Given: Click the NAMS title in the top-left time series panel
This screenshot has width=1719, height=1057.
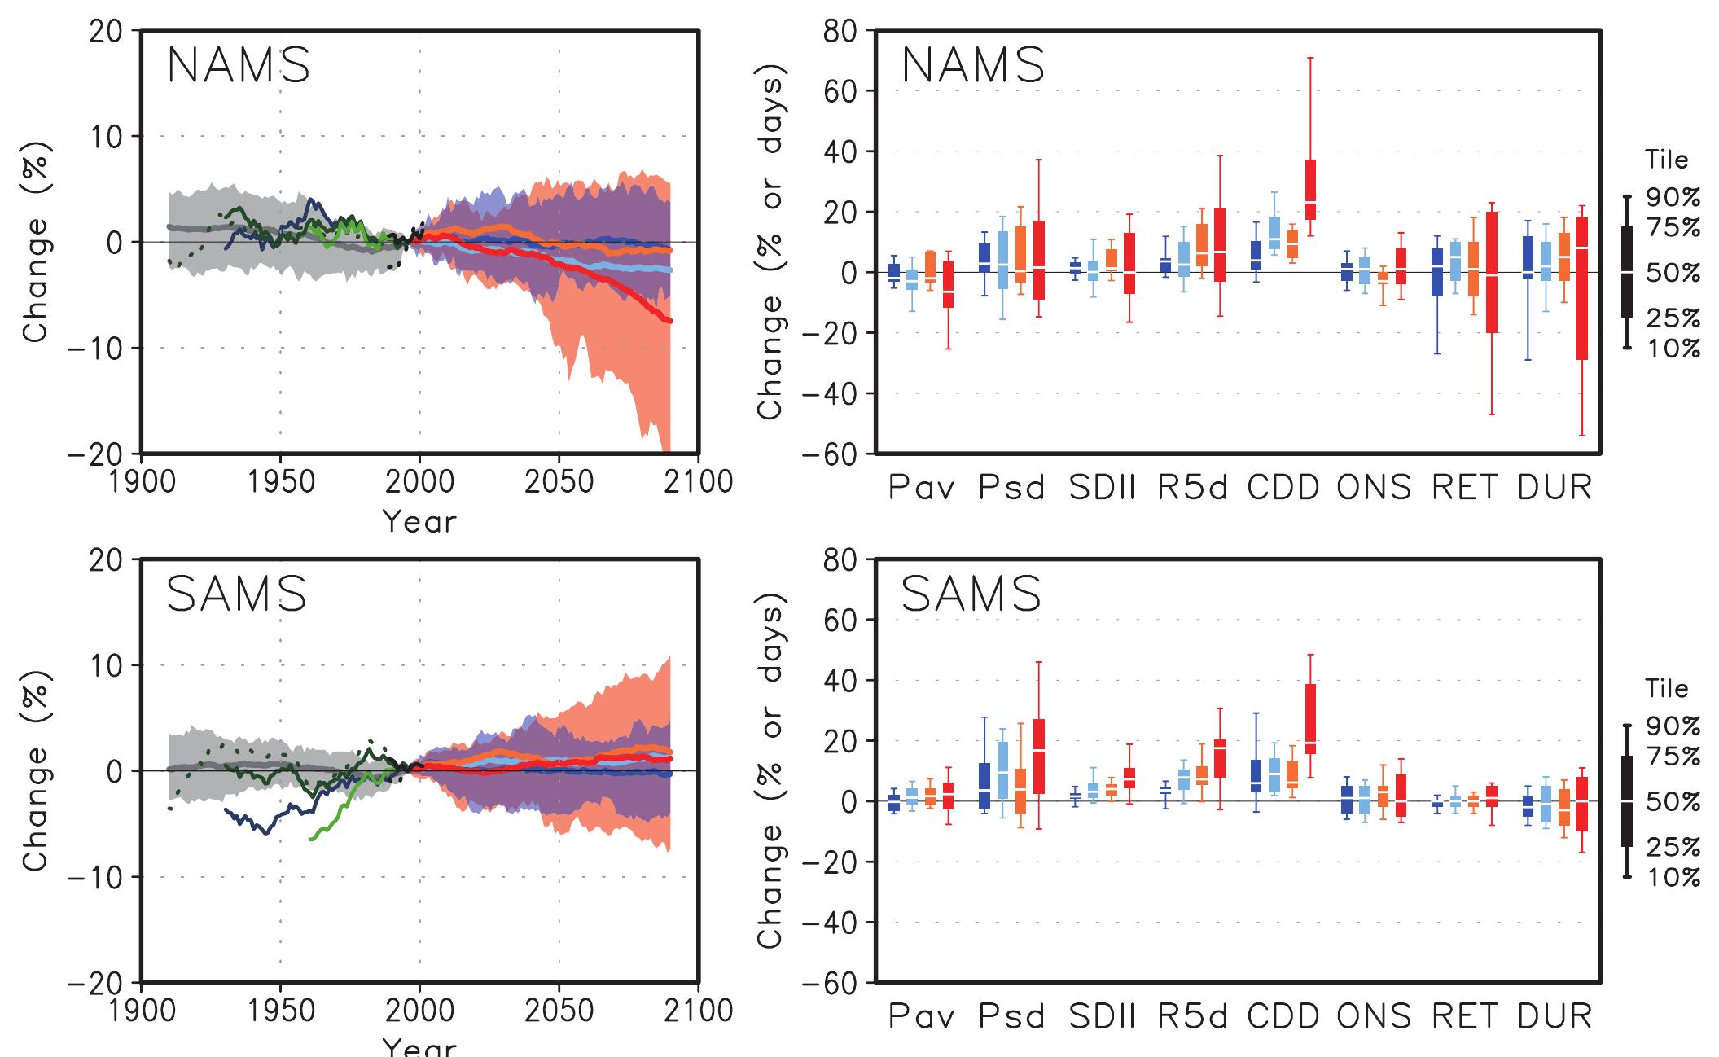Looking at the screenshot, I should tap(239, 66).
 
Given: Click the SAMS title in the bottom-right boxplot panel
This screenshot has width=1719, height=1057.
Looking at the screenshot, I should tap(971, 594).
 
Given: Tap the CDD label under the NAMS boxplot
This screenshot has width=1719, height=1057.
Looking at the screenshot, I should tap(1283, 487).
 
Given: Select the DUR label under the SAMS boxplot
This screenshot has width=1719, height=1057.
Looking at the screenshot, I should tap(1555, 1015).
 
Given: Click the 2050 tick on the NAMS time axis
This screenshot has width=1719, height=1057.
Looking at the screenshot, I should tap(559, 481).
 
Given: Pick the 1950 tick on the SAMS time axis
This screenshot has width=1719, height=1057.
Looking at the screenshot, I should tap(281, 1011).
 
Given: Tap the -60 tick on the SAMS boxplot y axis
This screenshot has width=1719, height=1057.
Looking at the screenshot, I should tap(835, 983).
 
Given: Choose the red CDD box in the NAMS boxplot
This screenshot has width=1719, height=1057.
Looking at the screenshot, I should tap(1310, 190).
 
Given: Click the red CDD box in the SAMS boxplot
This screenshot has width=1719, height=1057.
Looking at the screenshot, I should tap(1310, 718).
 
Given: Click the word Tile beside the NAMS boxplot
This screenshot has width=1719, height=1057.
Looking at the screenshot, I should tap(1666, 160).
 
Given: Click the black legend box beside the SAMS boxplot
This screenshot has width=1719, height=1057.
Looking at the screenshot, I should tap(1627, 800).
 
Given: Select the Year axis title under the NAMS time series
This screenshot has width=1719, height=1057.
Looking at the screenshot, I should tap(419, 520).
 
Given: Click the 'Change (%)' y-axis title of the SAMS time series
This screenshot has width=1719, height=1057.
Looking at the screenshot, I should tap(37, 770).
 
